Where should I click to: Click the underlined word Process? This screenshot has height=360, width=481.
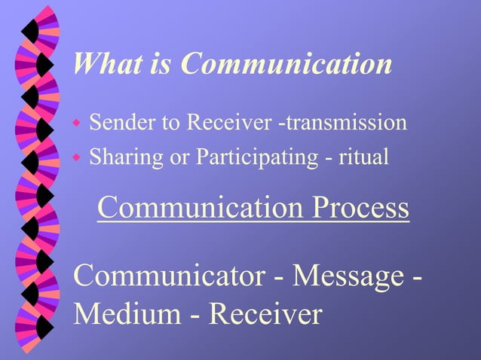(x=360, y=208)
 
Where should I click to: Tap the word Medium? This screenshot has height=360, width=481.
(x=126, y=313)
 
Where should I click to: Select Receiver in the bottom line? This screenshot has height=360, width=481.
(x=265, y=313)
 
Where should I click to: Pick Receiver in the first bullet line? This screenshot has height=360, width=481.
(x=229, y=122)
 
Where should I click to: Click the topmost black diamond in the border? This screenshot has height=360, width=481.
(x=29, y=31)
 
